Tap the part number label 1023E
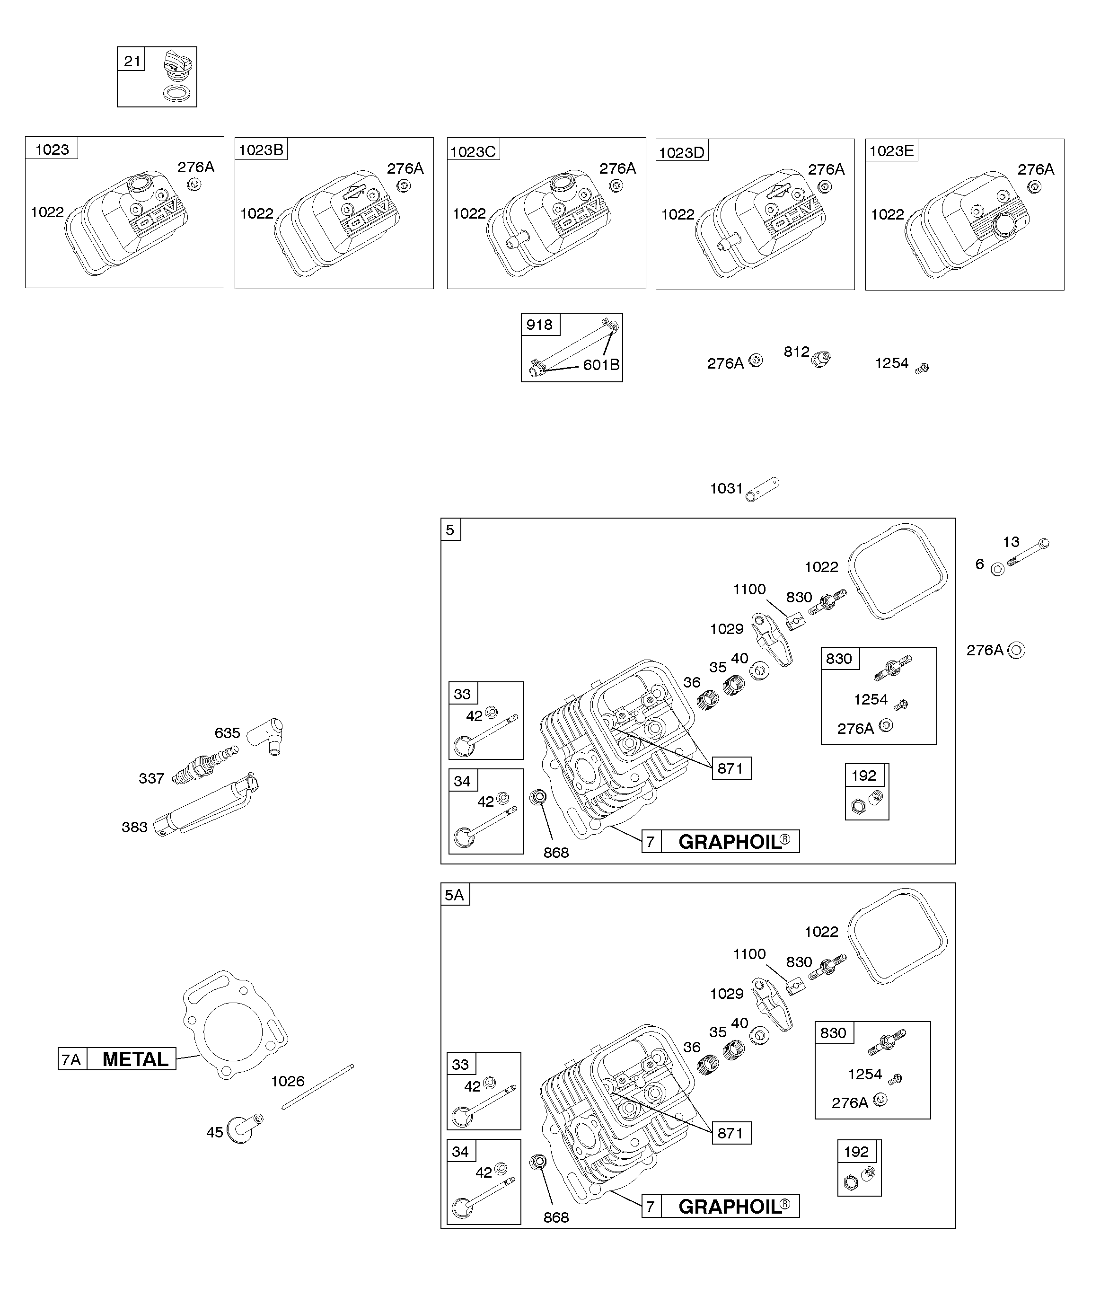891,150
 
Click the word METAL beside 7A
135,1059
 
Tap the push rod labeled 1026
317,1087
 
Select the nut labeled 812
820,359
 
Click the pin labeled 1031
762,490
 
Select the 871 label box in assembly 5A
731,1150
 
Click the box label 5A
455,895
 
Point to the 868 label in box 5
556,853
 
